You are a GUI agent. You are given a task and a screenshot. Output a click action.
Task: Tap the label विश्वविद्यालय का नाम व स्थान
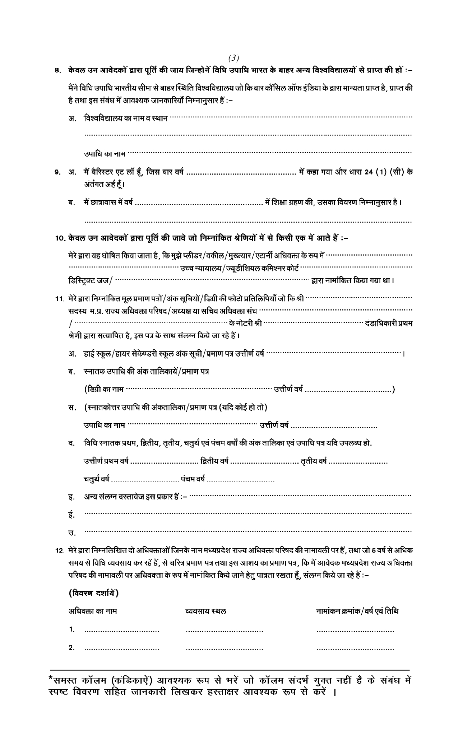click(125, 118)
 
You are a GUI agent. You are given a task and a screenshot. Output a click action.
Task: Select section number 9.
click(57, 173)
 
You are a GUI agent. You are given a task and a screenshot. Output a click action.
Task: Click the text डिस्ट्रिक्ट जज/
click(91, 280)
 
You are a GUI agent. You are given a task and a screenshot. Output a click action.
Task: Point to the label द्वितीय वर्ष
click(215, 461)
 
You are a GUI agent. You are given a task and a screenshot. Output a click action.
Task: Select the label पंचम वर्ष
click(193, 479)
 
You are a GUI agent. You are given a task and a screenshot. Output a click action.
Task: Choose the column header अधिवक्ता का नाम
click(93, 611)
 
